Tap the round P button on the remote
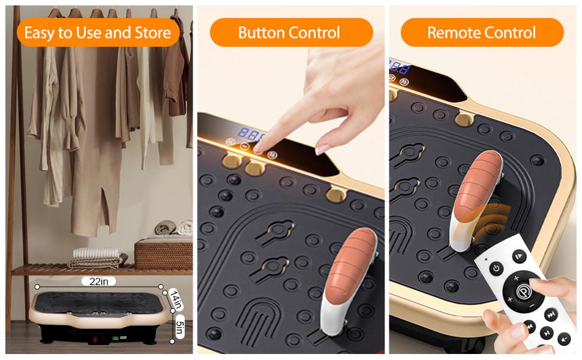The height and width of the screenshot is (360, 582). (x=524, y=290)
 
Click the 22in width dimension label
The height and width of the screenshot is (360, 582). (x=99, y=281)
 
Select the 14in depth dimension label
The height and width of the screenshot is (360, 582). (x=176, y=300)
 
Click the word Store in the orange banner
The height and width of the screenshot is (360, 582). (x=152, y=32)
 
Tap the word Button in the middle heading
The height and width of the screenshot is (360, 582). (x=262, y=32)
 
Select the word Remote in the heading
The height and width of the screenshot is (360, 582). (x=451, y=32)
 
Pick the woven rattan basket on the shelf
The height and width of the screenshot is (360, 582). (x=163, y=253)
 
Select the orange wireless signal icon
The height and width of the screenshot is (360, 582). (x=487, y=220)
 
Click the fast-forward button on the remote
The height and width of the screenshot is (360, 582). (x=551, y=315)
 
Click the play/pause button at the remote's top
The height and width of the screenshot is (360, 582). (x=519, y=256)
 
